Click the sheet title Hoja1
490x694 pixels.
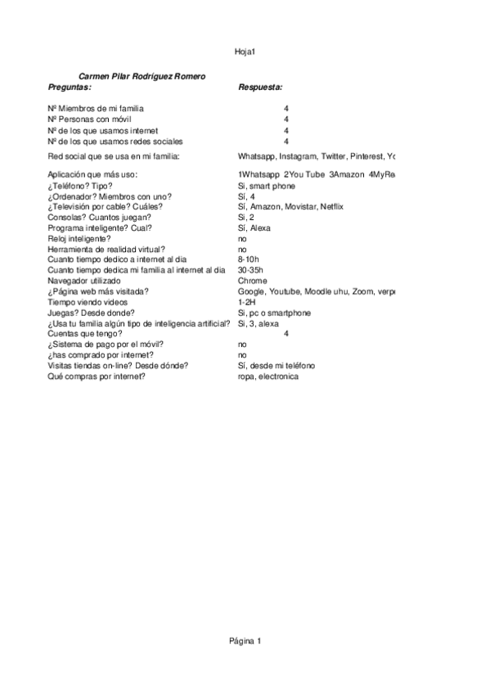pyautogui.click(x=245, y=52)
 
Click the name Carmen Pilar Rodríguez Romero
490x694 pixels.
pyautogui.click(x=142, y=76)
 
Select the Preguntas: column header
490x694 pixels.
pyautogui.click(x=70, y=86)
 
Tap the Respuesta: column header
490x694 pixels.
pyautogui.click(x=260, y=86)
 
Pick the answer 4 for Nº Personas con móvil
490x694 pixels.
pyautogui.click(x=286, y=119)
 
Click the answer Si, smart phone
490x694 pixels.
pyautogui.click(x=267, y=185)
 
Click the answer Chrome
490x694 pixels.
pyautogui.click(x=252, y=281)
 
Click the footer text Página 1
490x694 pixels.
pyautogui.click(x=245, y=641)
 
